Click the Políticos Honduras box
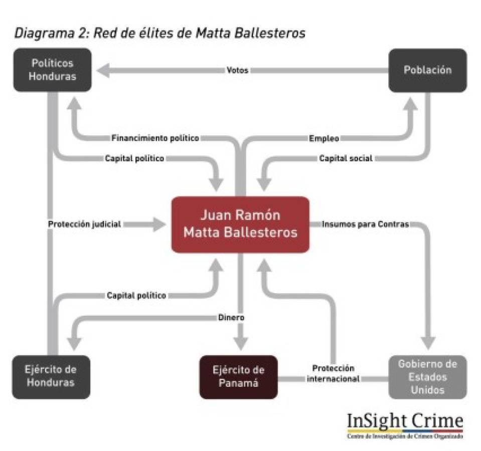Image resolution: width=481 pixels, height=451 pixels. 52,70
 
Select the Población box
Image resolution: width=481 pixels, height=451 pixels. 427,70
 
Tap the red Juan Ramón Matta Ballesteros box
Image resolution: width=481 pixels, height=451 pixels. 240,224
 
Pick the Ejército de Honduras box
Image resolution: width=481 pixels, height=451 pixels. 51,376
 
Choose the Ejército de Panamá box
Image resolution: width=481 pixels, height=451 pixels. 238,376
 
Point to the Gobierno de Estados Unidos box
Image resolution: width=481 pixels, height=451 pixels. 427,376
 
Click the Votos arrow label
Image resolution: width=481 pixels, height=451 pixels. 237,71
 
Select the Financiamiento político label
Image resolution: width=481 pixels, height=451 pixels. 155,138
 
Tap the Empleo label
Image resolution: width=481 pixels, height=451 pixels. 324,138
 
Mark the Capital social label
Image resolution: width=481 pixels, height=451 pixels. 346,158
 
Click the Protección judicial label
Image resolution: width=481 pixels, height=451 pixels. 84,224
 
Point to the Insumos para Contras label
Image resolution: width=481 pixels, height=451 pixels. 365,224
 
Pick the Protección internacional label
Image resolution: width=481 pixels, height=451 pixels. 333,374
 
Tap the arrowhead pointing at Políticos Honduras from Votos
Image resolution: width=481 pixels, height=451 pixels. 104,71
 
